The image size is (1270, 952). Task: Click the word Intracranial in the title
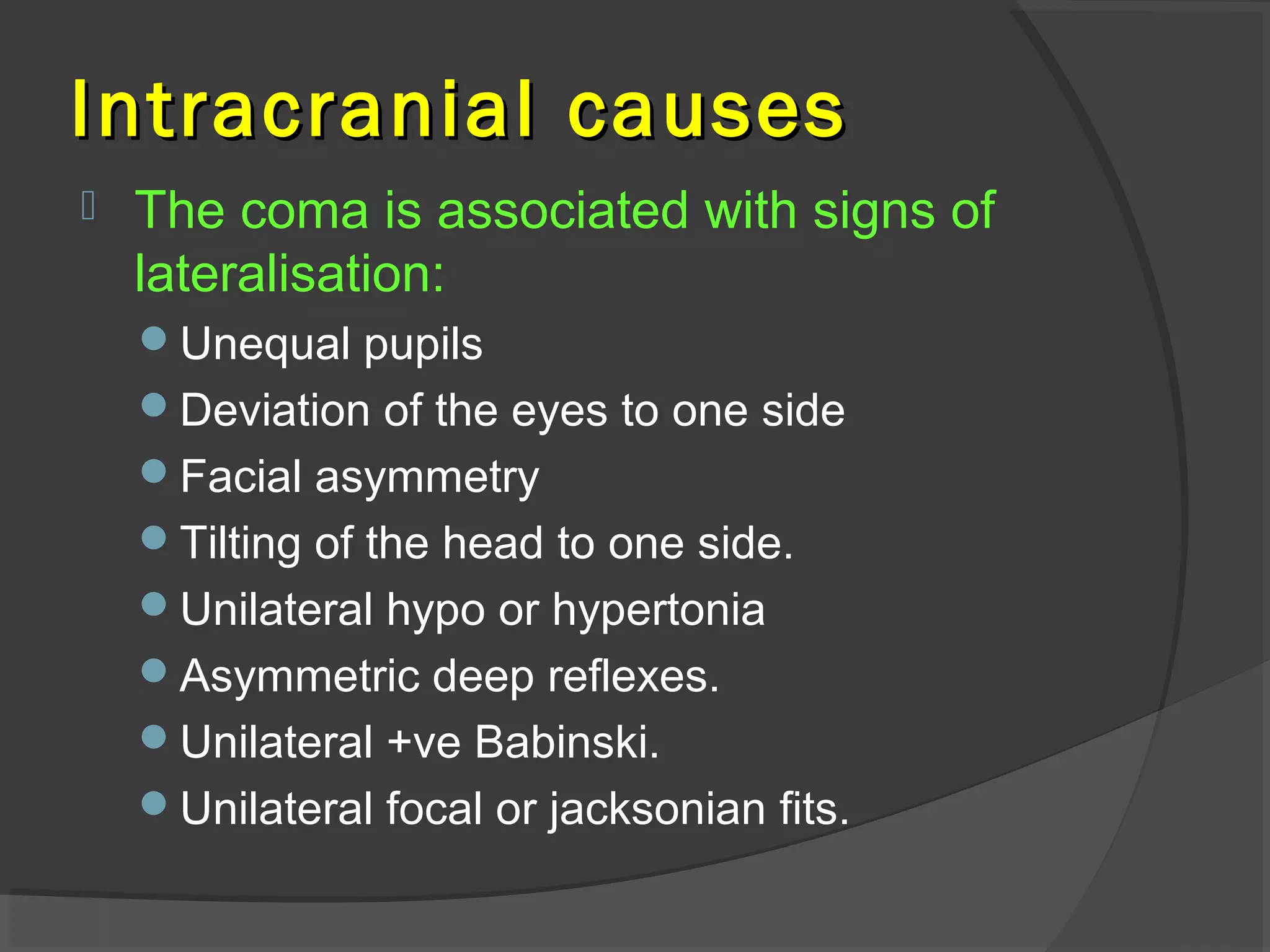[x=302, y=110]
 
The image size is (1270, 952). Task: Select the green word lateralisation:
[x=290, y=273]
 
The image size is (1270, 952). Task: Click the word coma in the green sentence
[x=304, y=211]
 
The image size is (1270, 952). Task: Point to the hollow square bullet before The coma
[x=88, y=206]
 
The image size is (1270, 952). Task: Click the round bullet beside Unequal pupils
[x=154, y=339]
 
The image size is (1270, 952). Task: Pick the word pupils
[x=423, y=345]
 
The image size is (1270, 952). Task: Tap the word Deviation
[x=275, y=410]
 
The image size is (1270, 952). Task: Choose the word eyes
[x=559, y=412]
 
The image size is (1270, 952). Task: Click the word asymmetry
[x=427, y=478]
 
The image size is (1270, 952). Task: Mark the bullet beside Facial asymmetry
[x=154, y=472]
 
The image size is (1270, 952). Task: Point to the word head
[x=492, y=543]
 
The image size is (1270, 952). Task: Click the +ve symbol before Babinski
[x=424, y=742]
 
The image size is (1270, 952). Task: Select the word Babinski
[x=566, y=742]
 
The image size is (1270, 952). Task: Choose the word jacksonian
[x=657, y=809]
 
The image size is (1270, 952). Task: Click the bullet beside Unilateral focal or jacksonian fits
[x=154, y=804]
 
